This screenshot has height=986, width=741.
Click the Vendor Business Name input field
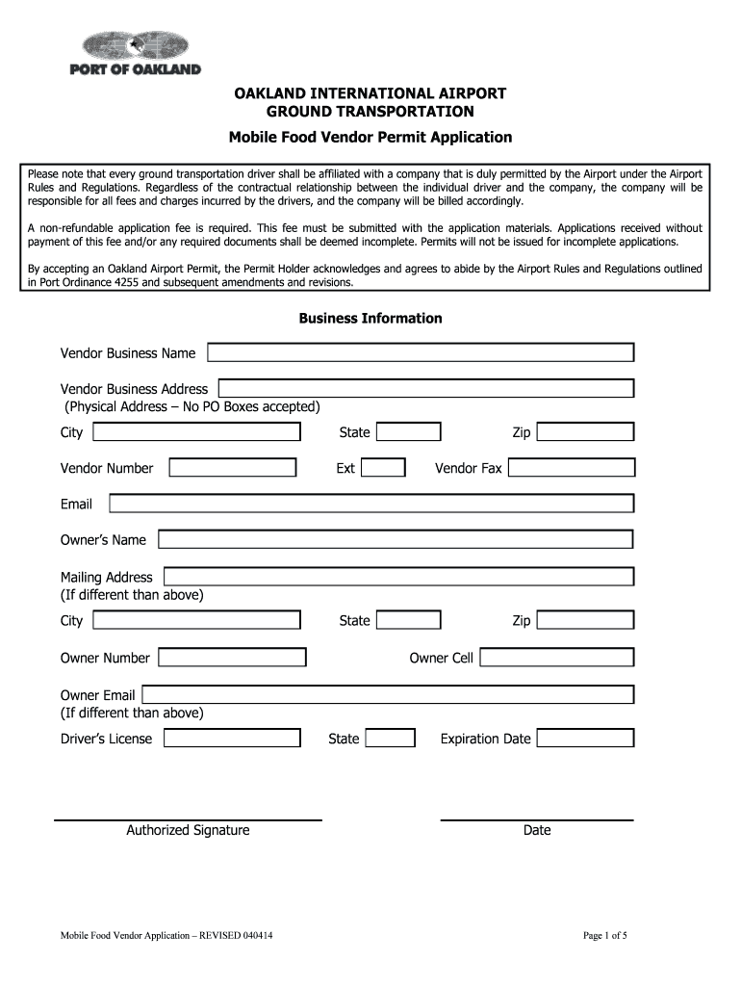tap(421, 352)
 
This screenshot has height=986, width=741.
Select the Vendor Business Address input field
tap(426, 388)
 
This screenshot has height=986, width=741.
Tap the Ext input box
tap(383, 468)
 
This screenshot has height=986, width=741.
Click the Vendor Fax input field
tap(571, 468)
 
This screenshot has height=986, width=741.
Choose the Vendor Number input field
tap(232, 468)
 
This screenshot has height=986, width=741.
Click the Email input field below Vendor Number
tap(371, 504)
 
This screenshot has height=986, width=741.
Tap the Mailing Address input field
tap(398, 577)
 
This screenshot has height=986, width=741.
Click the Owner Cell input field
tap(556, 658)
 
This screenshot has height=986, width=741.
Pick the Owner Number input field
tap(232, 658)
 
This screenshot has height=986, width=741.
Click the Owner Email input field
tap(388, 694)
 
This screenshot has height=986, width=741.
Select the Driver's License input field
tap(232, 739)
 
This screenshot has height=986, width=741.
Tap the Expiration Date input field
tap(585, 739)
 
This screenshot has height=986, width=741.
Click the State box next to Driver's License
tap(391, 739)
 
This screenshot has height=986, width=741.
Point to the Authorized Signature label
tap(188, 830)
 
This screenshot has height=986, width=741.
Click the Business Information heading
tap(370, 318)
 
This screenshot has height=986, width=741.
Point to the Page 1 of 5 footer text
tap(604, 935)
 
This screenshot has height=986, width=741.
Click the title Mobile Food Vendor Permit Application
tap(370, 137)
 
